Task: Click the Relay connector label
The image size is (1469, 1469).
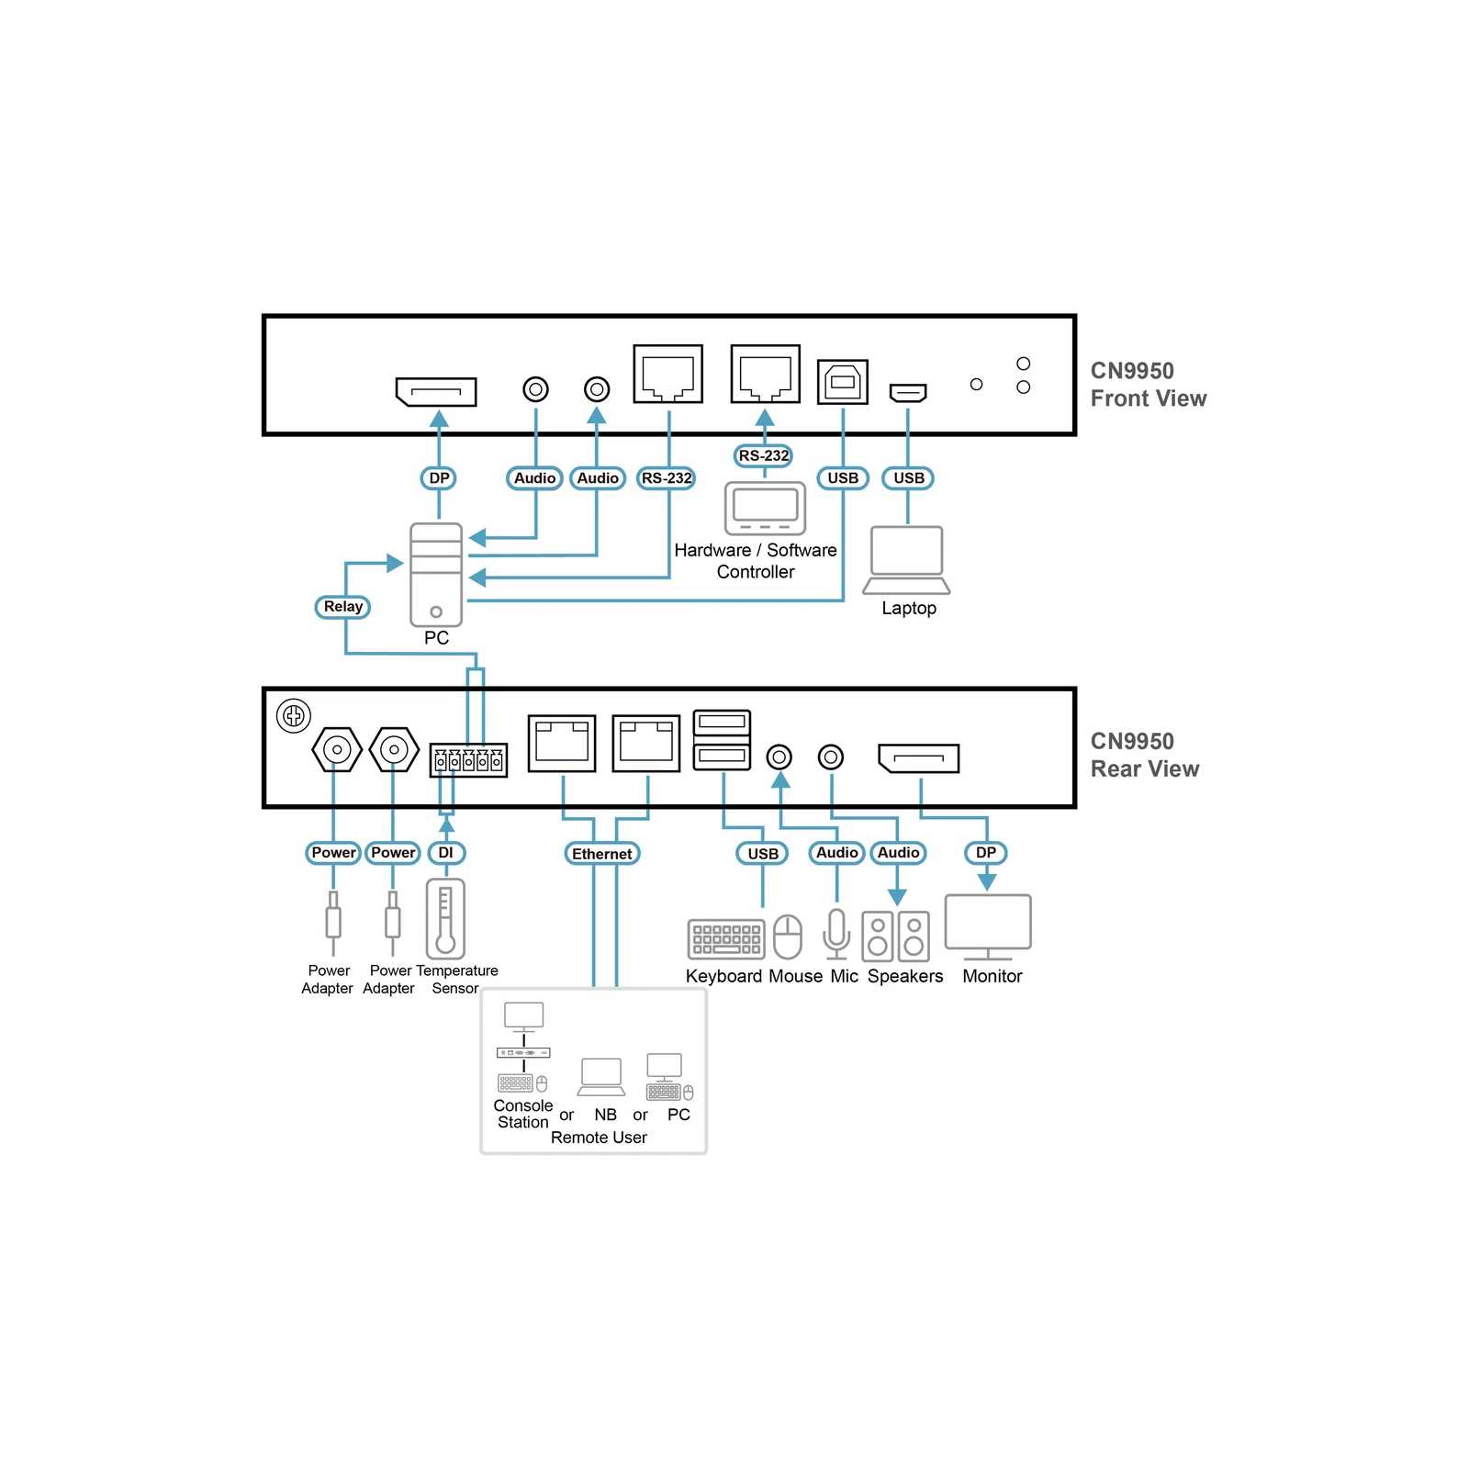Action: point(342,607)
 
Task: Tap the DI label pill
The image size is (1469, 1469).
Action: point(446,853)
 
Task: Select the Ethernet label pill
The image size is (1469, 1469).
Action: point(601,854)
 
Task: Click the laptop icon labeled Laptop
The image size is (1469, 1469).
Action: point(907,560)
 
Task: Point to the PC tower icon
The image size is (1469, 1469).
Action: point(436,575)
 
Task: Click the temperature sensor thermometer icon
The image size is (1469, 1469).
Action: point(445,919)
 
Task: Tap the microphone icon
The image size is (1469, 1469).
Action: point(836,935)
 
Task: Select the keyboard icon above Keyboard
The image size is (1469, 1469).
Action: point(726,939)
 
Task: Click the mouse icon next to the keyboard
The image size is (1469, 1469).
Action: point(788,936)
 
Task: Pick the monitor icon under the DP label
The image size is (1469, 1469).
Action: point(988,927)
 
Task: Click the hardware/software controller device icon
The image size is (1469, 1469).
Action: point(765,508)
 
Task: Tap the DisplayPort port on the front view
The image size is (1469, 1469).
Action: point(436,392)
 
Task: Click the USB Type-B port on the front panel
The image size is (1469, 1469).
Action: point(843,381)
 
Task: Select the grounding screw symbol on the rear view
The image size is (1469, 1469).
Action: point(294,715)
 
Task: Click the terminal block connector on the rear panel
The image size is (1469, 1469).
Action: point(468,760)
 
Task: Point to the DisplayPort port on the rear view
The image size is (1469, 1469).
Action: point(919,758)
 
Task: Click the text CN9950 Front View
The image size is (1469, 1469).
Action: point(1148,385)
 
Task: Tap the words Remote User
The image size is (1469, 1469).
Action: point(599,1138)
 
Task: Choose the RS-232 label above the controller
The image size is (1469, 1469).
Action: point(764,455)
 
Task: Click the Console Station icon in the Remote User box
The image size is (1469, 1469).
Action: point(523,1048)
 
